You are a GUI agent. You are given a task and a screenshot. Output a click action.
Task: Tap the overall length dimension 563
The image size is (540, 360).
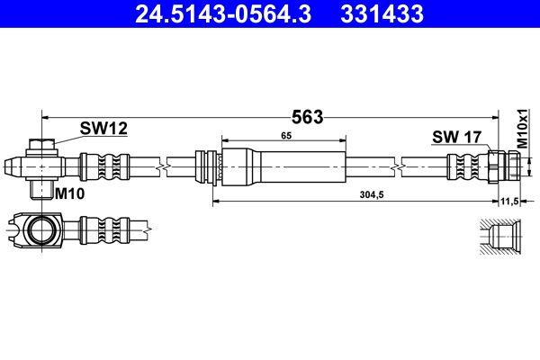pyautogui.click(x=308, y=116)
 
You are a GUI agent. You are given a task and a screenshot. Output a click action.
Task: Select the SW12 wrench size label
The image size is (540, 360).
pyautogui.click(x=103, y=129)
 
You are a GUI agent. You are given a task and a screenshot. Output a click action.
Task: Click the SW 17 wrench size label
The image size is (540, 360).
pyautogui.click(x=457, y=137)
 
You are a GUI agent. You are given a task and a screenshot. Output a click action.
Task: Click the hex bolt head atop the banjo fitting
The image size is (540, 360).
pyautogui.click(x=41, y=146)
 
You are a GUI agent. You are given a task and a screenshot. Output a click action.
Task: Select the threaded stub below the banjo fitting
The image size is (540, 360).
pyautogui.click(x=41, y=188)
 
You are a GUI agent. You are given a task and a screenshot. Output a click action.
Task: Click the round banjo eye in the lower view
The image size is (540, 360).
pyautogui.click(x=40, y=229)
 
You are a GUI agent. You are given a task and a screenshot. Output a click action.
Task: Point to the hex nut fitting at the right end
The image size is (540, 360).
pyautogui.click(x=504, y=166)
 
